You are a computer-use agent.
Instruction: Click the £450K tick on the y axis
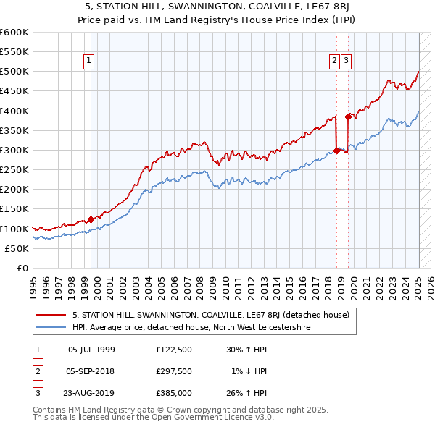[15, 91]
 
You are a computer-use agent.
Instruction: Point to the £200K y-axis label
[15, 189]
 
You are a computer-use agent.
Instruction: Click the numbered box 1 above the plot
[88, 62]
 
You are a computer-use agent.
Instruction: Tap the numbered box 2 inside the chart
[334, 62]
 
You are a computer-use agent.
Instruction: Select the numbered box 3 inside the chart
[347, 62]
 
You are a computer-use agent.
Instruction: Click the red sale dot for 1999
[91, 219]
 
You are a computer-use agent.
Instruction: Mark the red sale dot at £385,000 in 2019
[349, 117]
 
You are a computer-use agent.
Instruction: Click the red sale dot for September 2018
[336, 151]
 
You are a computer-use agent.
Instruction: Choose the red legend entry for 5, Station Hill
[210, 315]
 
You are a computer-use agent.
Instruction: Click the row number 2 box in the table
[36, 371]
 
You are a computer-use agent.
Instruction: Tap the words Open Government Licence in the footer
[212, 418]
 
